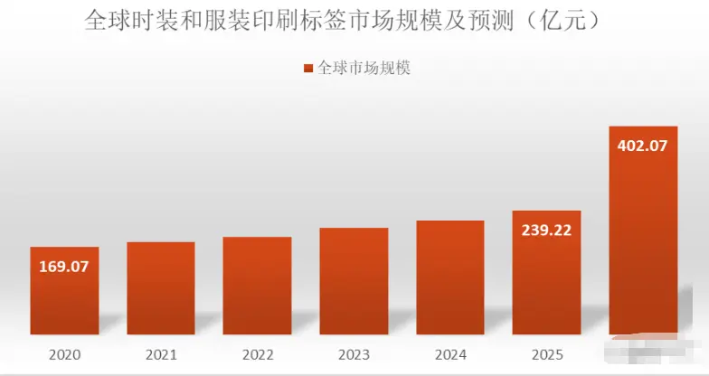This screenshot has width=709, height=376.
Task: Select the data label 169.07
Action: (64, 267)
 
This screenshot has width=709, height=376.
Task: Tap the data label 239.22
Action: (546, 230)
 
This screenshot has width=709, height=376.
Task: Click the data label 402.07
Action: (643, 145)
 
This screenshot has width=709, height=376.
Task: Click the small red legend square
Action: (307, 69)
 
